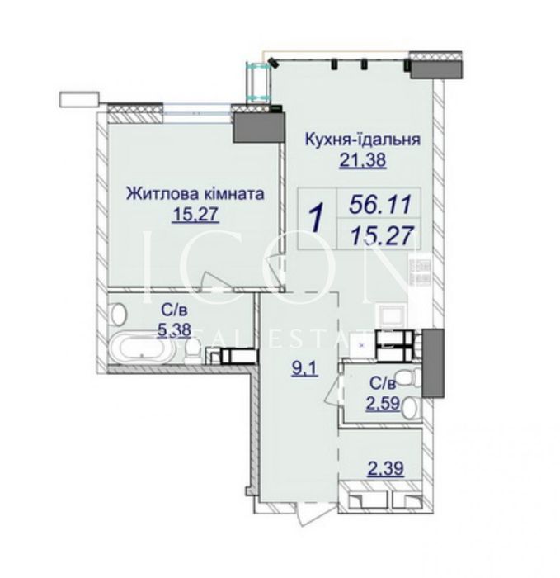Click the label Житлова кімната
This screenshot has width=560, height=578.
click(195, 194)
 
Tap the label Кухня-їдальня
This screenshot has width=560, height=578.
click(363, 140)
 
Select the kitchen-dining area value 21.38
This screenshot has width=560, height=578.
click(363, 160)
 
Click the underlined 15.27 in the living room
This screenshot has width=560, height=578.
click(195, 215)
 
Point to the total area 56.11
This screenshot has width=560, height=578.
click(379, 205)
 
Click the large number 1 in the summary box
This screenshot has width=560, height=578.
click(316, 219)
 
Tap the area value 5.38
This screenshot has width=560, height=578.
click(174, 330)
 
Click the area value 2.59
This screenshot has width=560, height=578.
click(383, 403)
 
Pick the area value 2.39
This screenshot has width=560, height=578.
click(386, 469)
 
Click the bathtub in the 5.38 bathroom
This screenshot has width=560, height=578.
click(143, 348)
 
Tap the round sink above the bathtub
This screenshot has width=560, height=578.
click(118, 315)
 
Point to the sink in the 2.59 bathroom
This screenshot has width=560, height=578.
click(410, 408)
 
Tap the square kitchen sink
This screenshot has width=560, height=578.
click(393, 316)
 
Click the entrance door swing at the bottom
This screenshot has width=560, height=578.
click(304, 513)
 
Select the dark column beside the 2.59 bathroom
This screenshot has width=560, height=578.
click(433, 363)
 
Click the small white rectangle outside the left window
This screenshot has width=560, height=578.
click(79, 99)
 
